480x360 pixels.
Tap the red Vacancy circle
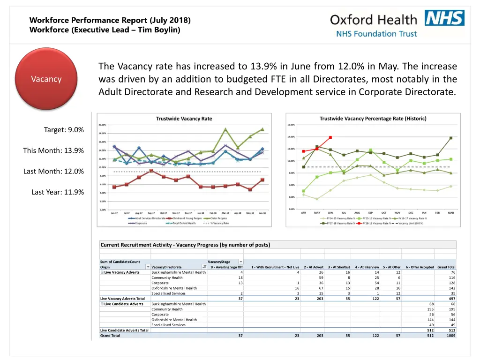click(46, 79)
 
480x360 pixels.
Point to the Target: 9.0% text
click(64, 130)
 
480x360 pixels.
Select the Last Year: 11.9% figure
click(58, 192)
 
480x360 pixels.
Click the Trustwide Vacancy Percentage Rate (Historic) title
click(373, 119)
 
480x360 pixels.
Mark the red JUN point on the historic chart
click(330, 137)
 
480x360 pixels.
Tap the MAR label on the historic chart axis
click(450, 212)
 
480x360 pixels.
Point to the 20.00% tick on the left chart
click(102, 125)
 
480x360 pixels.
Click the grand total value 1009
click(450, 336)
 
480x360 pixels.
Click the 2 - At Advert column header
click(313, 267)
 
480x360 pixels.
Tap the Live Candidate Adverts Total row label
click(124, 330)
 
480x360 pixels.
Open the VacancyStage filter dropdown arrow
click(240, 262)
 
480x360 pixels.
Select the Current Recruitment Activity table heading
click(185, 245)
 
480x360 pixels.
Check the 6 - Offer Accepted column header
click(420, 267)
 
